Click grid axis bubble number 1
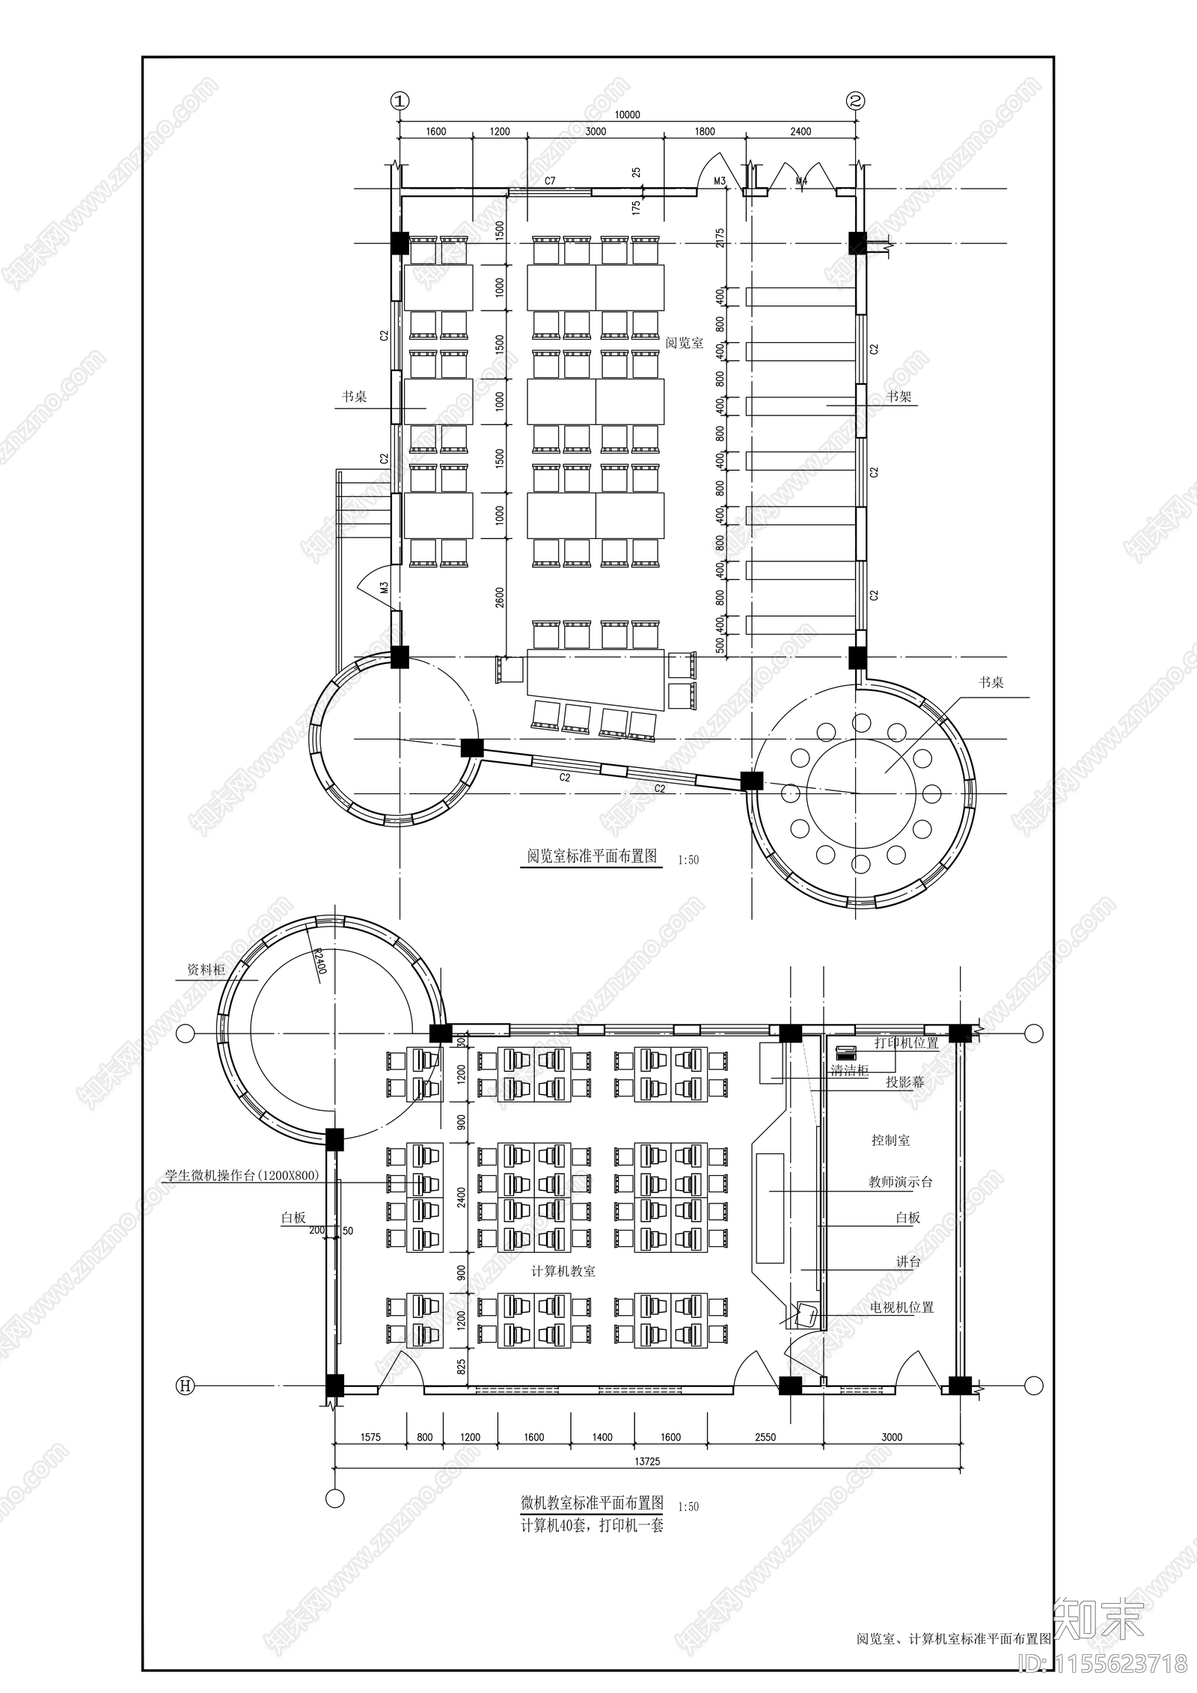[399, 100]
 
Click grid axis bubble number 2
[856, 100]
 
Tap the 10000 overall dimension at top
[627, 115]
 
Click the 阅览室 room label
[684, 343]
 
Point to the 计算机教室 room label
[563, 1271]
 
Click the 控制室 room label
[890, 1140]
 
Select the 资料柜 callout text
[206, 969]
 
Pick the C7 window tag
[550, 180]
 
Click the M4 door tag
[801, 181]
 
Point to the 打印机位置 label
[906, 1043]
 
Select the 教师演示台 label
[900, 1182]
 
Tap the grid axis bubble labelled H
[185, 1385]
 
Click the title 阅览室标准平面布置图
[592, 855]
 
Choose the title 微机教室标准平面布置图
[592, 1502]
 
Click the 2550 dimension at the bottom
[765, 1436]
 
